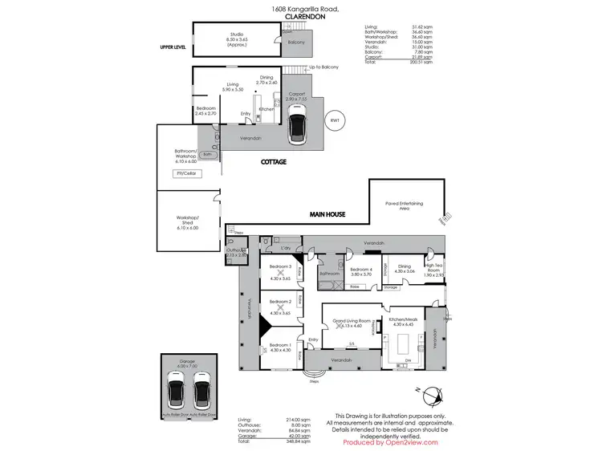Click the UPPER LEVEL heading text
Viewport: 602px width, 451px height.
[173, 47]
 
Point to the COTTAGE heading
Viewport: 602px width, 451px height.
[273, 161]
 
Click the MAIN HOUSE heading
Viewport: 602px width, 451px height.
[328, 215]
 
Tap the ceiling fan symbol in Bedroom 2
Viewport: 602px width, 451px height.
[280, 307]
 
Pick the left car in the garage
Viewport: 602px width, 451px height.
[176, 390]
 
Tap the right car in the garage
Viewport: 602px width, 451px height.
[201, 390]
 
